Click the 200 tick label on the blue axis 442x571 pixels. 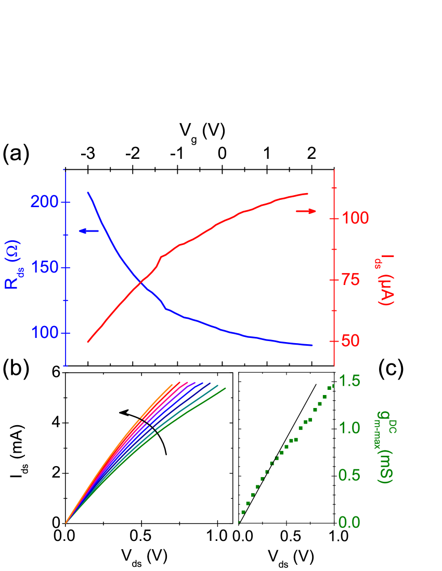point(44,202)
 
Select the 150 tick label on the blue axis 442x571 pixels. point(44,268)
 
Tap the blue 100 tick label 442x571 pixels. point(44,333)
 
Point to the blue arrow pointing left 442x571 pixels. point(88,230)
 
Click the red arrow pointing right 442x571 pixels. point(306,211)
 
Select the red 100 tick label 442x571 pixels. point(356,218)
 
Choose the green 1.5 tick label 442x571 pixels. point(349,380)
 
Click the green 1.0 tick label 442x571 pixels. point(349,428)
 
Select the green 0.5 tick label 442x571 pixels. point(349,475)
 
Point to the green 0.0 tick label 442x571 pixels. point(349,522)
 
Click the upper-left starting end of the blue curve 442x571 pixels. point(88,193)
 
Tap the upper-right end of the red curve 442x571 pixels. point(308,194)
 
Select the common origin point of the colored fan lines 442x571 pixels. point(66,523)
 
